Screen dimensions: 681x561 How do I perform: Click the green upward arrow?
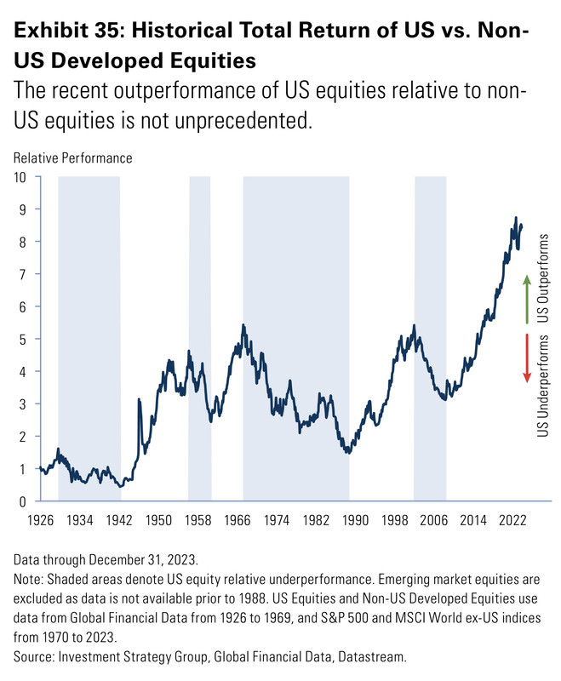click(x=527, y=299)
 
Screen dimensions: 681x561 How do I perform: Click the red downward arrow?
click(x=527, y=358)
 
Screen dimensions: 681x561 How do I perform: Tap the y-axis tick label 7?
click(x=23, y=274)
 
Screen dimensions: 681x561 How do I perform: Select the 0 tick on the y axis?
click(x=23, y=501)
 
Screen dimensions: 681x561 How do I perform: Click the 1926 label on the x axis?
click(x=39, y=519)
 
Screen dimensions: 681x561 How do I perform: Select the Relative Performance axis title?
click(x=72, y=157)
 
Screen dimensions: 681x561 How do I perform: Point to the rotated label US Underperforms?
click(x=545, y=386)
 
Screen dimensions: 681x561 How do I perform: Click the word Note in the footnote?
click(x=26, y=576)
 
